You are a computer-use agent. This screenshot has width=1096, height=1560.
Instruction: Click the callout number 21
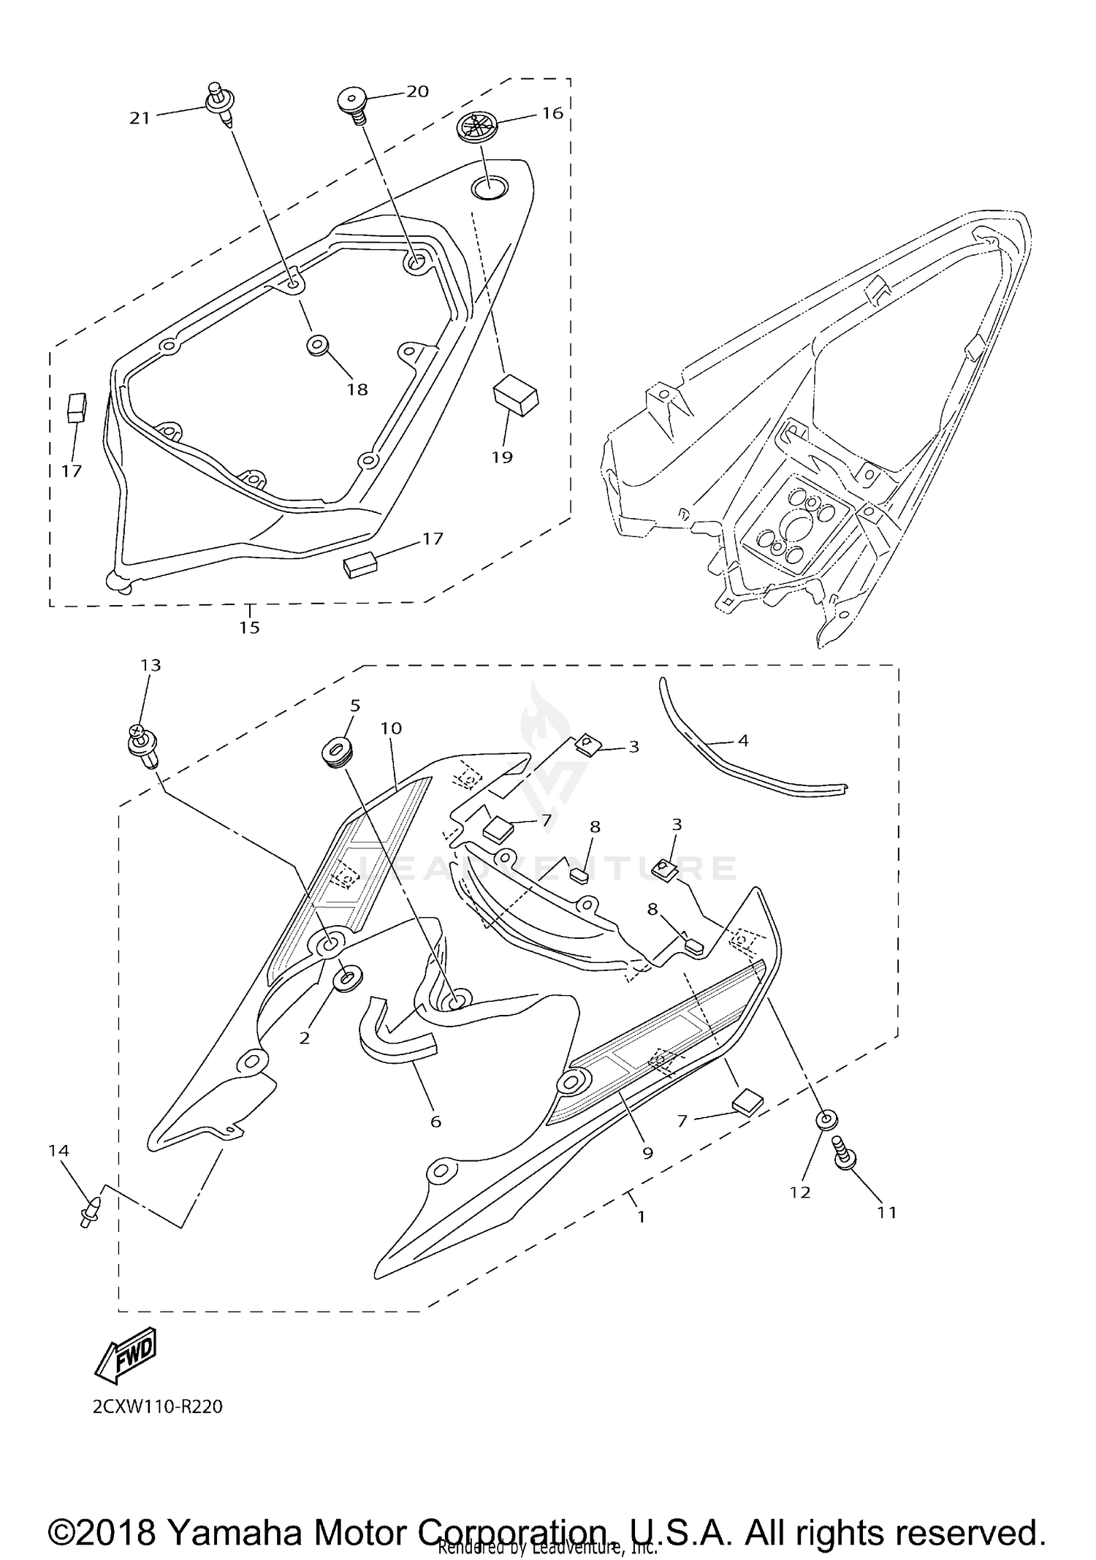tap(140, 118)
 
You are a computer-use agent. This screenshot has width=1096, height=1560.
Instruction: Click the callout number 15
tap(249, 627)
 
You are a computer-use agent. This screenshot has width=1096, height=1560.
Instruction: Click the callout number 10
tap(391, 728)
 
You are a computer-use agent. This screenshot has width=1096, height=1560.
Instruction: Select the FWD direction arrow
tap(126, 1354)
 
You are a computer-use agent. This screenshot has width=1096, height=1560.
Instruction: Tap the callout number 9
tap(647, 1153)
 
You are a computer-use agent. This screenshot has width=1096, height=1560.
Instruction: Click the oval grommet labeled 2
tap(347, 978)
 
